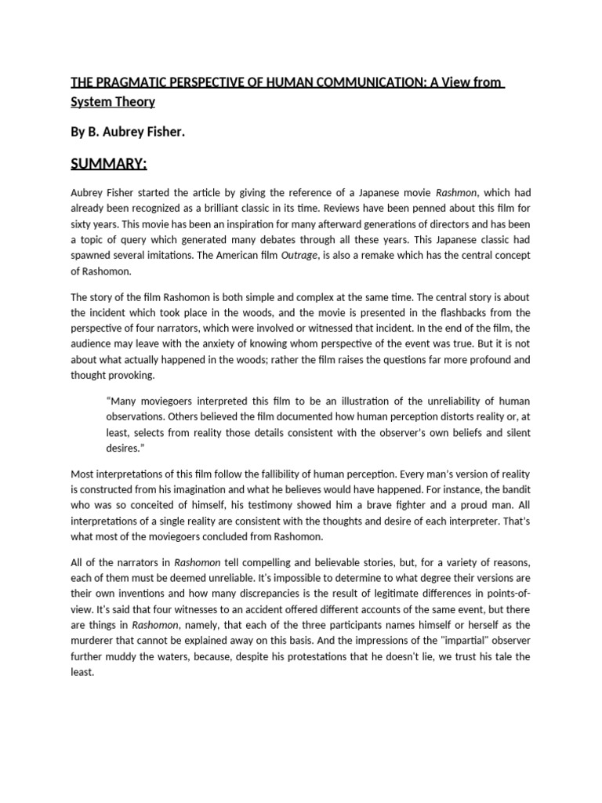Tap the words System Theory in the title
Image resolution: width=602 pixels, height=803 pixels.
[x=113, y=102]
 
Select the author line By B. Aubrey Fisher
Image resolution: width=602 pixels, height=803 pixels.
[x=128, y=133]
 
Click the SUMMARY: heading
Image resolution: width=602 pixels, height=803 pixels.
[x=109, y=165]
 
